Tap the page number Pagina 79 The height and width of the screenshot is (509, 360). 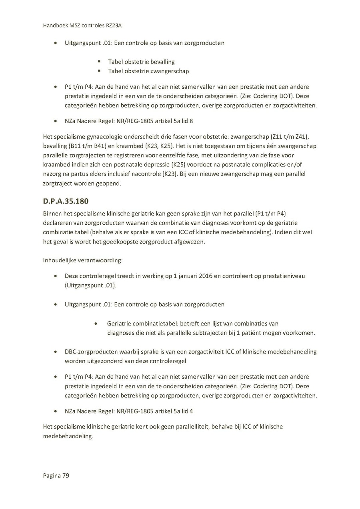click(56, 475)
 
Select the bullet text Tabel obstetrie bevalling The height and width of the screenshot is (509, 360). click(141, 62)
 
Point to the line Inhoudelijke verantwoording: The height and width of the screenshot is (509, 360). click(83, 260)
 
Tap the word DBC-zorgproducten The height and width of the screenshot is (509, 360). click(91, 352)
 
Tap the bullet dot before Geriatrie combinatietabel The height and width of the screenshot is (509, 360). click(96, 323)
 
